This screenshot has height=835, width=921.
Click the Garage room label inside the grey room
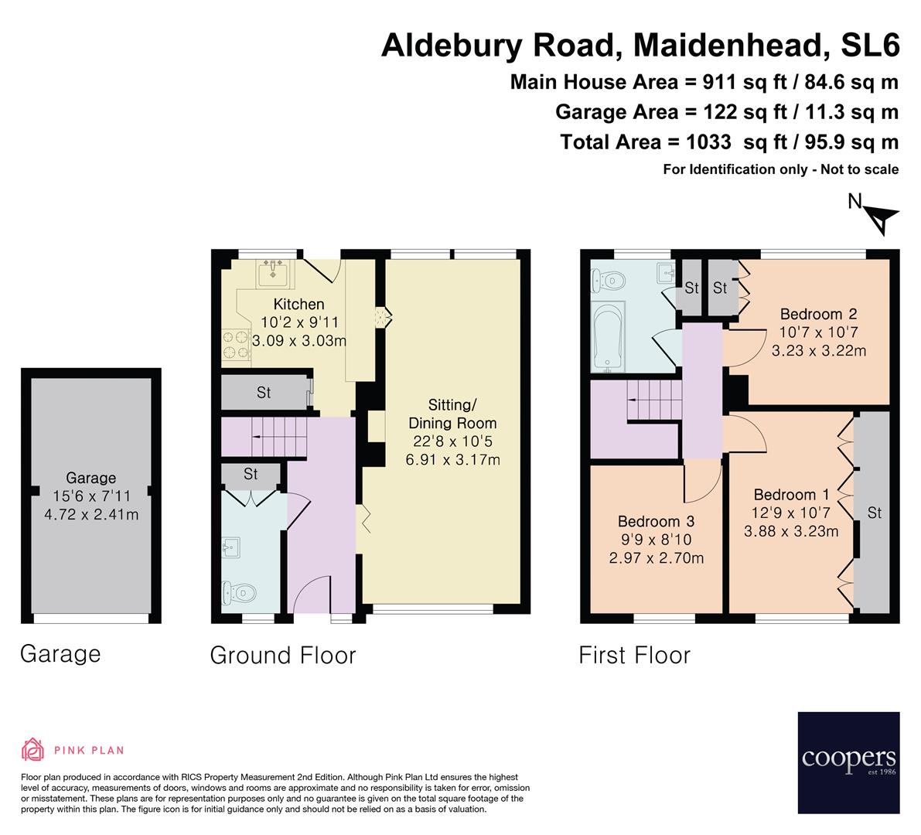pos(90,479)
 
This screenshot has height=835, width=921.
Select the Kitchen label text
pos(298,305)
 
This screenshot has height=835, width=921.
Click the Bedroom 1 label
pos(785,495)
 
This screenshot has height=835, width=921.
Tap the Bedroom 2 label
pos(818,314)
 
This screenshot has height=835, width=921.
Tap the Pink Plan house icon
pos(33,749)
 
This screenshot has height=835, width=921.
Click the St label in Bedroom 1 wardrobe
pos(875,513)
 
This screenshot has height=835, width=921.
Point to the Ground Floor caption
pos(283,656)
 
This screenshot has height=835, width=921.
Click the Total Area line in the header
pos(728,141)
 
